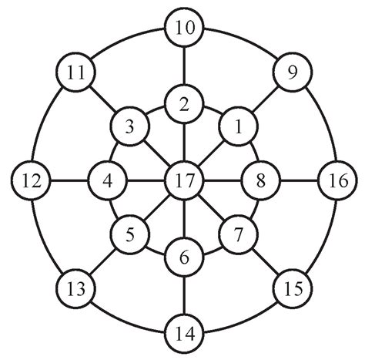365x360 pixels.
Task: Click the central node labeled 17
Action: click(184, 182)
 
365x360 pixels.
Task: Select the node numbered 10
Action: click(184, 29)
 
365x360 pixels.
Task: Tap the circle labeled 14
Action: click(184, 334)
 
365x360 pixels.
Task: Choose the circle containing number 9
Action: click(292, 74)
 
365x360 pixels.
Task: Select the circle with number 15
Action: click(292, 290)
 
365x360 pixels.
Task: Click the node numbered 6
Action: click(184, 257)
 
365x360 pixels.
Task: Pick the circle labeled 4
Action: click(108, 182)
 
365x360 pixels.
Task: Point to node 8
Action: click(260, 182)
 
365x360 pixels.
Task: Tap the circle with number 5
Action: click(130, 236)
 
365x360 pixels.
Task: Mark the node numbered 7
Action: click(238, 236)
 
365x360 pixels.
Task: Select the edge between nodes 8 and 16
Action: click(299, 182)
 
